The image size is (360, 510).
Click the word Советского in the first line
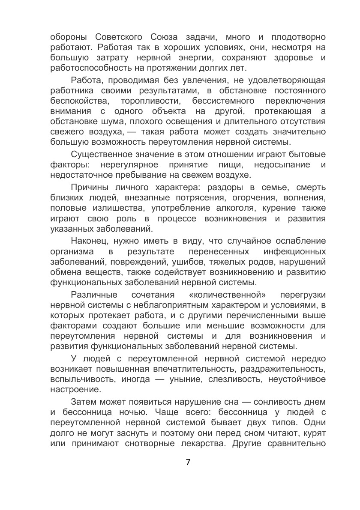click(118, 36)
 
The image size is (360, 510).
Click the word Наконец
click(88, 240)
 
